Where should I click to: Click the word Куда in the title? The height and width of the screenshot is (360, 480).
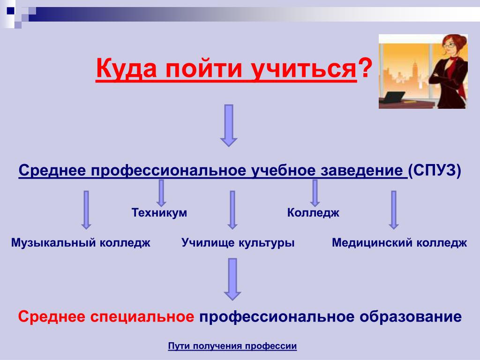tap(126, 68)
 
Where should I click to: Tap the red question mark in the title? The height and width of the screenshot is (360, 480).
tap(365, 67)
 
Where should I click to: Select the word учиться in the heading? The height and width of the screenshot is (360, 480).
tap(304, 69)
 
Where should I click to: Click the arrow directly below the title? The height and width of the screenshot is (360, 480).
tap(229, 126)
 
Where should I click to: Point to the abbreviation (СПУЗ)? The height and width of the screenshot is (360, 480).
tap(435, 170)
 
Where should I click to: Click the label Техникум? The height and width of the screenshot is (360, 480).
tap(159, 212)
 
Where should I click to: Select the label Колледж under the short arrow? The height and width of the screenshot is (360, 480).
tap(313, 213)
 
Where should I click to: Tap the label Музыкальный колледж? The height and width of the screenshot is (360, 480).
tap(81, 243)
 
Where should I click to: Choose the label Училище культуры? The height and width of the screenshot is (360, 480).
tap(238, 243)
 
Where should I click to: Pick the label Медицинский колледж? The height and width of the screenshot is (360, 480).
tap(399, 243)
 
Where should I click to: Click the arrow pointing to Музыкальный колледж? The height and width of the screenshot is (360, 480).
tap(86, 210)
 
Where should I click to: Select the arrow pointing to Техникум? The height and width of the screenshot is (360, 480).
tap(161, 193)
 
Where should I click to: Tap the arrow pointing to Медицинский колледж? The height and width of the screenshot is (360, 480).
tap(394, 210)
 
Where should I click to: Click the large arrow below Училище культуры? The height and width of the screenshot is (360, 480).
tap(232, 279)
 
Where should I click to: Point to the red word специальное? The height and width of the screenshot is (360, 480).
tap(142, 317)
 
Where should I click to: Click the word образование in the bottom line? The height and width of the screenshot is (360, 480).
tap(411, 317)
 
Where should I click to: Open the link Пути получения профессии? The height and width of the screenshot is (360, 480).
tap(232, 346)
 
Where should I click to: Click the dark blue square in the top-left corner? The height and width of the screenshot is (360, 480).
tap(11, 11)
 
